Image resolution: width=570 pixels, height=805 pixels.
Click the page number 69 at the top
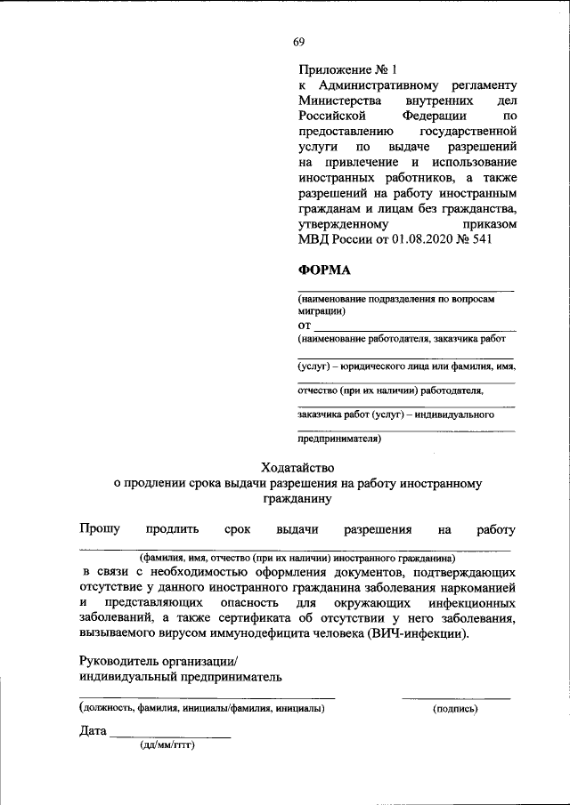point(298,42)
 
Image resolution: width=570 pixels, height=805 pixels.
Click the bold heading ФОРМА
point(323,270)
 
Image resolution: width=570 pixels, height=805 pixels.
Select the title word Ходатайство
point(296,466)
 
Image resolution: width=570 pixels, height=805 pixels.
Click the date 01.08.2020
point(413,240)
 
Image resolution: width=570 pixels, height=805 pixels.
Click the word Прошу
point(100,530)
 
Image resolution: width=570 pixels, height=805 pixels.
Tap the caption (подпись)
point(455,709)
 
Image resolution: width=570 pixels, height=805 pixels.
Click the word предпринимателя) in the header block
point(339,438)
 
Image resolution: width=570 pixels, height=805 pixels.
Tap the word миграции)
point(322,311)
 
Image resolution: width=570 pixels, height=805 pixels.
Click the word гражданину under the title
point(296,500)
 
